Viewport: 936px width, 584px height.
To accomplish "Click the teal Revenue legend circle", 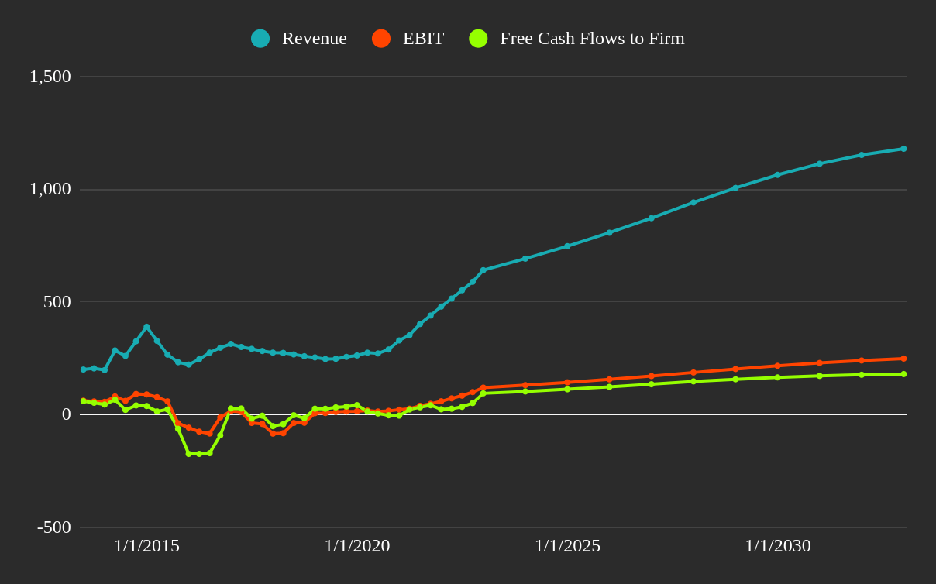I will click(x=260, y=39).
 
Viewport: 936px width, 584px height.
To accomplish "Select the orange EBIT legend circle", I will click(x=381, y=39).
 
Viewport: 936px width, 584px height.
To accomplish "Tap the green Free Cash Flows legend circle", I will click(x=478, y=39).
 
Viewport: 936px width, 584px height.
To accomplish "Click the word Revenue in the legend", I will click(x=314, y=39).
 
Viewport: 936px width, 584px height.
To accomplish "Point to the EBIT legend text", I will click(x=423, y=39).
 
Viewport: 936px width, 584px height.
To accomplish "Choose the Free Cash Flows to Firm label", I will click(x=592, y=39).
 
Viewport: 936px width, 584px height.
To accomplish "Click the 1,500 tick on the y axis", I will click(x=50, y=77).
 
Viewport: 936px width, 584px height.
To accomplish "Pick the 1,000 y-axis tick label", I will click(x=50, y=189).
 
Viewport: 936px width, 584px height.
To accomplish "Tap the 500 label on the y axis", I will click(x=57, y=302).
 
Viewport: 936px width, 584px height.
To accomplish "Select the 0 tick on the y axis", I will click(x=67, y=414).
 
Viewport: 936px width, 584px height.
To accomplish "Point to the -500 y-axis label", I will click(x=54, y=527).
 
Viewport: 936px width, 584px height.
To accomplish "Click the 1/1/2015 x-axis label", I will click(x=146, y=546).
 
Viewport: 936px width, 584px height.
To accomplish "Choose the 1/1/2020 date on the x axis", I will click(x=357, y=546).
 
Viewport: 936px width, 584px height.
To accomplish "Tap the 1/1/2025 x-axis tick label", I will click(x=567, y=546).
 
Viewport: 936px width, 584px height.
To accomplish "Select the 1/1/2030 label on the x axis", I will click(x=778, y=546).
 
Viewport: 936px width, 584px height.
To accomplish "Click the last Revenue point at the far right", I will click(x=903, y=149).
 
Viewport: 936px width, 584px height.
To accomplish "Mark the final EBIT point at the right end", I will click(x=903, y=359).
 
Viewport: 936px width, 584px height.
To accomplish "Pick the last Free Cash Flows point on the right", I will click(x=903, y=374).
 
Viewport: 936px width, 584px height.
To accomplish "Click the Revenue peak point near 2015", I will click(x=146, y=327).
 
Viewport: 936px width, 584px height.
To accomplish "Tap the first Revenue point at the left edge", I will click(x=84, y=369).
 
